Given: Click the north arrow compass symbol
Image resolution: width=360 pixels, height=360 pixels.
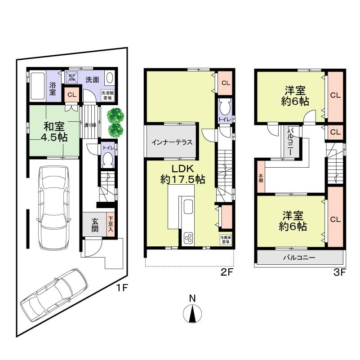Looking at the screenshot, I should [x=192, y=313].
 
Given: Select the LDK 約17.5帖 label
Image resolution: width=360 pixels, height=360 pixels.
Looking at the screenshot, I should [x=182, y=174].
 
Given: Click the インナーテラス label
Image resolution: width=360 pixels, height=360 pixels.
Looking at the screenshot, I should [x=172, y=142].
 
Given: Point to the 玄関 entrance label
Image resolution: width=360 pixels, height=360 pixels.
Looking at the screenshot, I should [x=95, y=223].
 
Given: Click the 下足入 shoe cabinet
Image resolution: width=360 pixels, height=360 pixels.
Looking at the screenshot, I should [x=111, y=223].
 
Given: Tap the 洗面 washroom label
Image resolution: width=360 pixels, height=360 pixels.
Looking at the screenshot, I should [x=93, y=80].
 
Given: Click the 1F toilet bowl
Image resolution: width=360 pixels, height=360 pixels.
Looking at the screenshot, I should [x=107, y=160].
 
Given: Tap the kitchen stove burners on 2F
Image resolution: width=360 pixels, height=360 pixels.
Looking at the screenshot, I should [x=189, y=238].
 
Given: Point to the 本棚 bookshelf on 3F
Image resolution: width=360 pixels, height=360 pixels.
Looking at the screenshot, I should [x=261, y=178].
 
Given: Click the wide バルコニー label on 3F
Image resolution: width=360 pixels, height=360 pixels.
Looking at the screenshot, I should [x=299, y=258].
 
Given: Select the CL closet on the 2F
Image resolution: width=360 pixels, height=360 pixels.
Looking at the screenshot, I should [x=226, y=83].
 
